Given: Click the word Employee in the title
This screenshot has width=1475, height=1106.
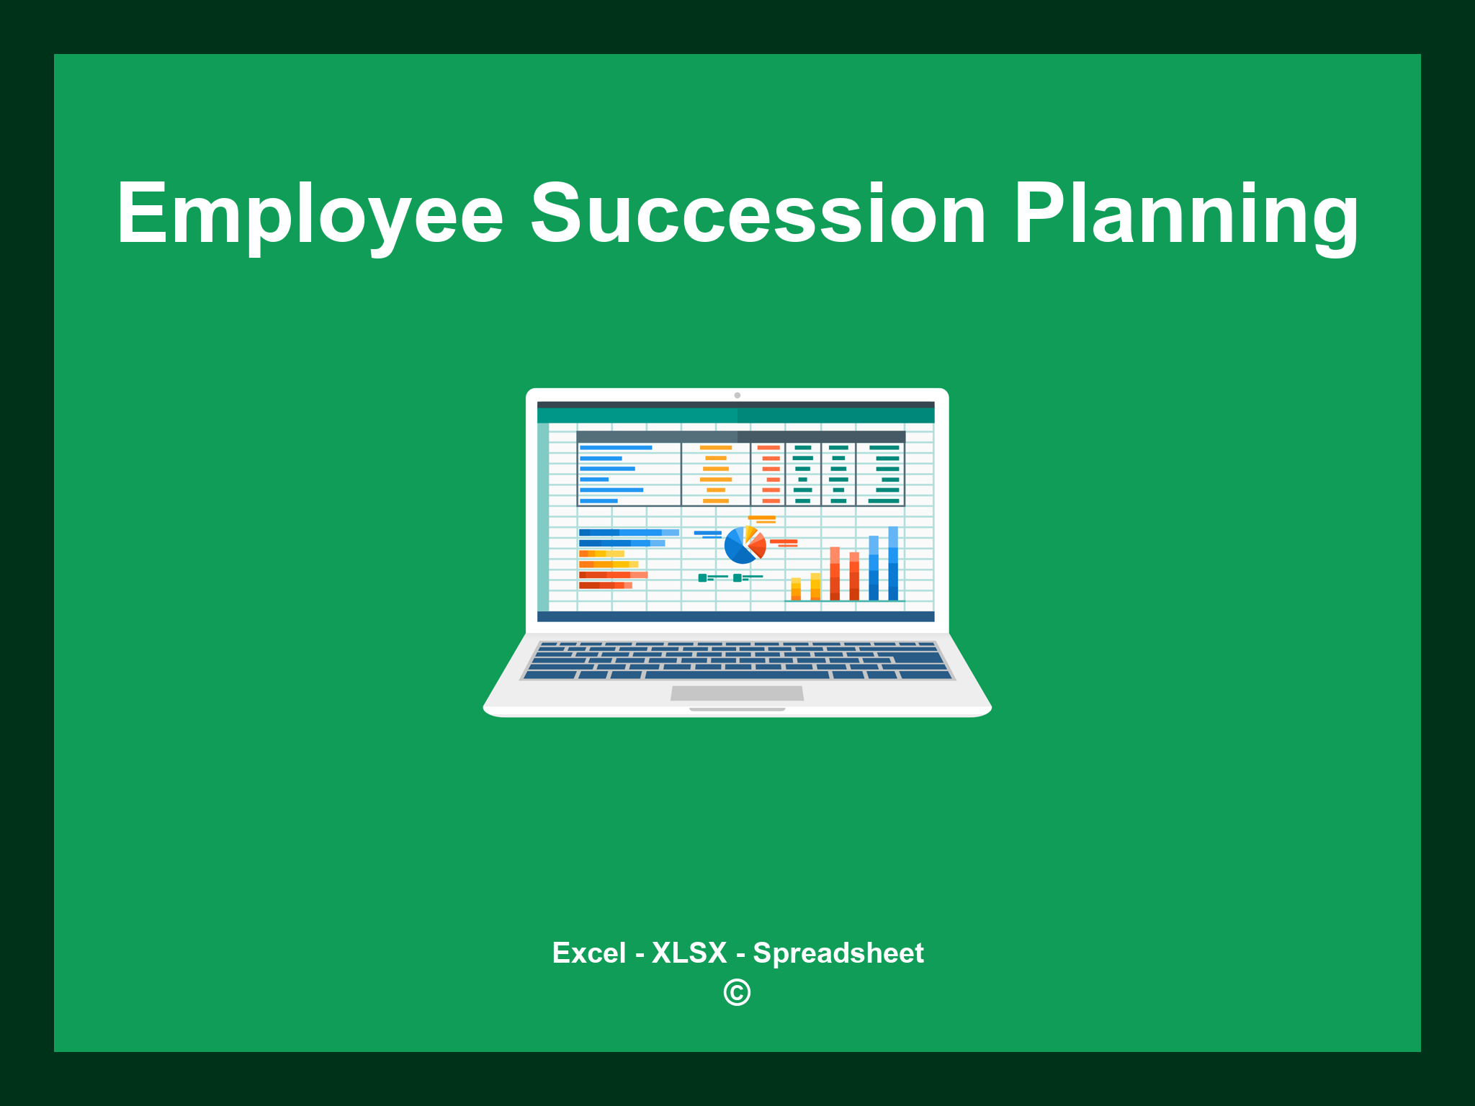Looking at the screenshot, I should click(310, 214).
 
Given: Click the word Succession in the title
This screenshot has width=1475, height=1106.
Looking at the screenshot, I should click(758, 214).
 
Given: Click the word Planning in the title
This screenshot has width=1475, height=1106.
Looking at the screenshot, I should click(1185, 214).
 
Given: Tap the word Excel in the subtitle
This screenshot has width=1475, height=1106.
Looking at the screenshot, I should click(588, 953).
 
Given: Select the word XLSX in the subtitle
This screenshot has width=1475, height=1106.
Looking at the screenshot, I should click(689, 953).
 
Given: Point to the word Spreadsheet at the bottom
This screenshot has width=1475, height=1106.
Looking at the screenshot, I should click(838, 953).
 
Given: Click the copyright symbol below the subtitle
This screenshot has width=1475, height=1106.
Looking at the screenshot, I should click(737, 992).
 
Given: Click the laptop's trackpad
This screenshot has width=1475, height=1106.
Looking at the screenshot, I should click(737, 693).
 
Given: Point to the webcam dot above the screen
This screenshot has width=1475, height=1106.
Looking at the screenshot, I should click(737, 395).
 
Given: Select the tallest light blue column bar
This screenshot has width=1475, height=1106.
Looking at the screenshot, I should click(893, 563).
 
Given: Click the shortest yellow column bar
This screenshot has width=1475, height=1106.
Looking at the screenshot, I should click(796, 588).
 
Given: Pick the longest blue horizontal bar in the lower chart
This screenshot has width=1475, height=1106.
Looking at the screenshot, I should click(628, 532).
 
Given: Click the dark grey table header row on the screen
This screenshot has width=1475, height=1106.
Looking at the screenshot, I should click(740, 436).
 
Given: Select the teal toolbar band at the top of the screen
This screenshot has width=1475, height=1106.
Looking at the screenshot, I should click(735, 415).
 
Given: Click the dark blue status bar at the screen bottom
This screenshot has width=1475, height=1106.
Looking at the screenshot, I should click(735, 616).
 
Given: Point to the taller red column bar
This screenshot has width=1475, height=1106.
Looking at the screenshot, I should click(835, 573).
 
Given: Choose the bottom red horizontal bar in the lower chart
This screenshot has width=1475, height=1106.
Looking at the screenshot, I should click(605, 585).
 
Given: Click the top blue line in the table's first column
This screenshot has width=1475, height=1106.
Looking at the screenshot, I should click(616, 448).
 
